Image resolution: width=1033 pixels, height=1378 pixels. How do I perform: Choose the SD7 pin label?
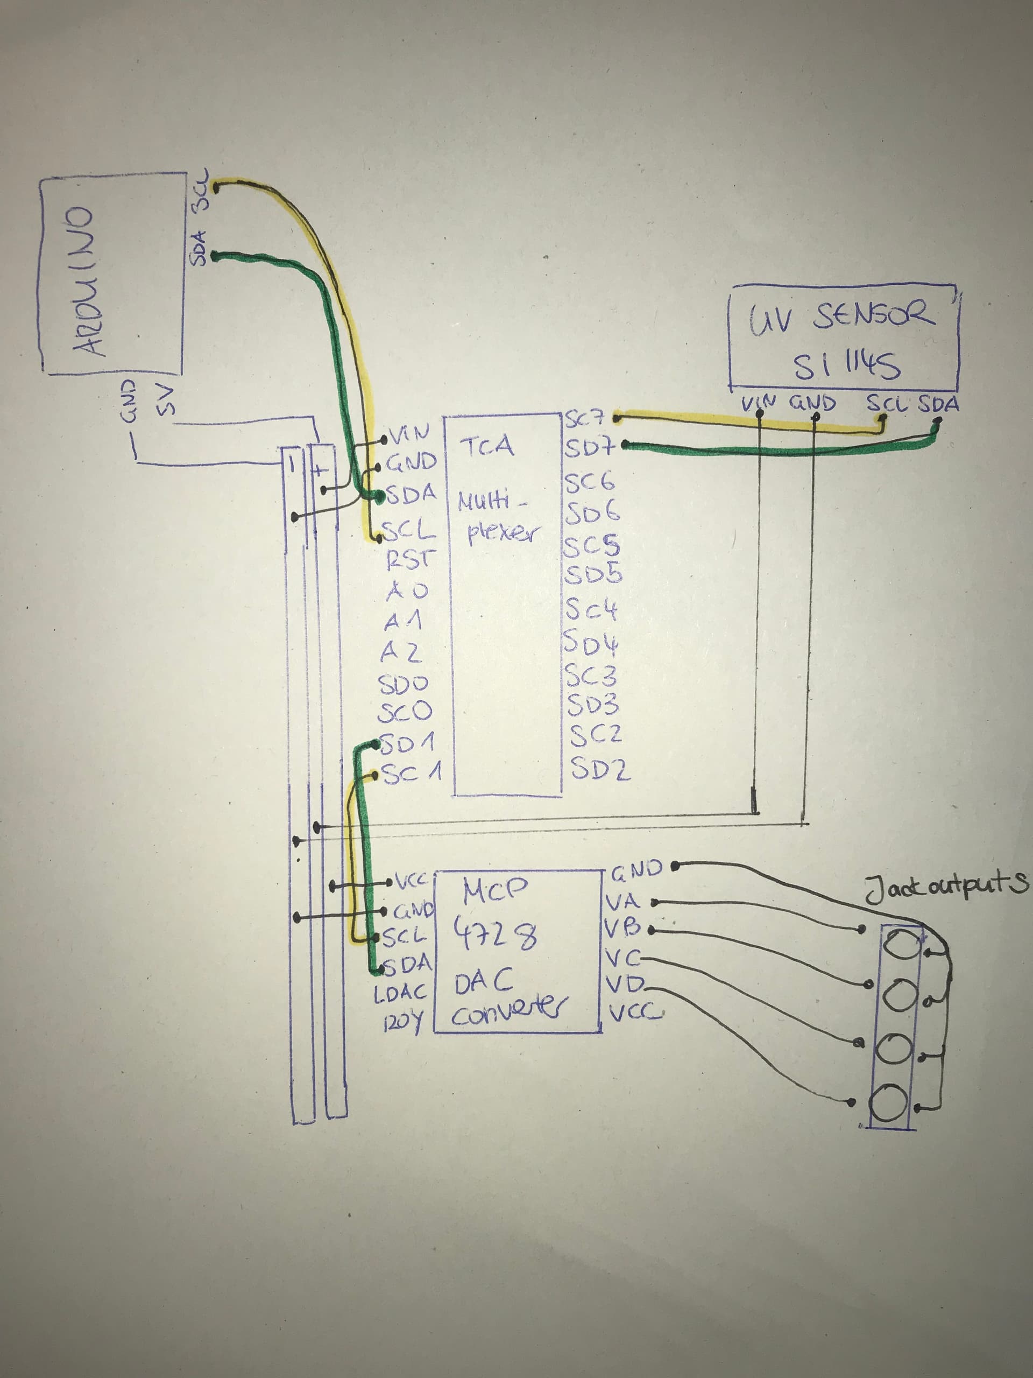[589, 447]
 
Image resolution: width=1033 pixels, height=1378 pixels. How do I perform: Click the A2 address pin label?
[401, 652]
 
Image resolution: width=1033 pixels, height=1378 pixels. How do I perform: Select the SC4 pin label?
[590, 610]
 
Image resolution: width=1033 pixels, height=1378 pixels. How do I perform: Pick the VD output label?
[624, 985]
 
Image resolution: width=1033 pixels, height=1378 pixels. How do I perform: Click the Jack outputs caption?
[946, 887]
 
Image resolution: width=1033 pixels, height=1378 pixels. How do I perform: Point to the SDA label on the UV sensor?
[938, 404]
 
